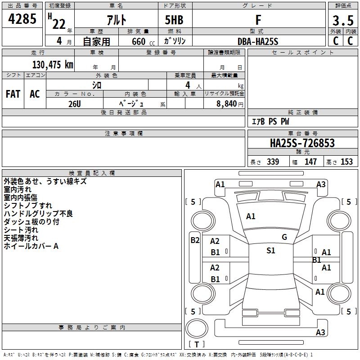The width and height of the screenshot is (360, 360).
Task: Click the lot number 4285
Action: (22, 19)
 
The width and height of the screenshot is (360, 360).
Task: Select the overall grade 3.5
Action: (343, 20)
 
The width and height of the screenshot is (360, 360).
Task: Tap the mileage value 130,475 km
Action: (53, 65)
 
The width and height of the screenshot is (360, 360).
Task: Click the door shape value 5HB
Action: (174, 20)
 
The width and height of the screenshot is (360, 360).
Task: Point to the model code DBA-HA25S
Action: (258, 41)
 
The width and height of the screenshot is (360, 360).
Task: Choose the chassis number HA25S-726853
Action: (302, 143)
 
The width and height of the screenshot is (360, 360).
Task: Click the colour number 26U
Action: (75, 104)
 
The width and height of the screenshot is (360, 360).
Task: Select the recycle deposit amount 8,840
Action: (226, 104)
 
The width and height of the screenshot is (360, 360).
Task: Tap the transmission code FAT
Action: (13, 94)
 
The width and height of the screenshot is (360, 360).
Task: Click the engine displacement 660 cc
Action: (143, 41)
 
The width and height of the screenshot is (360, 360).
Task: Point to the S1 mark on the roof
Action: (271, 250)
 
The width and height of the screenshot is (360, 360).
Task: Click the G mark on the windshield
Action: (284, 237)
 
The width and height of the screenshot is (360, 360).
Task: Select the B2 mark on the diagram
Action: (195, 240)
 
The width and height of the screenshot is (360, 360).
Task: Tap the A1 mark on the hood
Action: (251, 216)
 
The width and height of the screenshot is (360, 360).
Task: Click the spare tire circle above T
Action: (197, 328)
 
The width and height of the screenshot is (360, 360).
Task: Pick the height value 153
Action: (346, 162)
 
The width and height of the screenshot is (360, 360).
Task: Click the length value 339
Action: (273, 162)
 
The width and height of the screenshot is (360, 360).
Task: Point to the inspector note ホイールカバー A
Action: (31, 246)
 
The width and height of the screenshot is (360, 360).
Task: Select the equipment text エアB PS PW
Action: (270, 121)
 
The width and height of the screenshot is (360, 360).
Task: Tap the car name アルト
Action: (117, 20)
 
